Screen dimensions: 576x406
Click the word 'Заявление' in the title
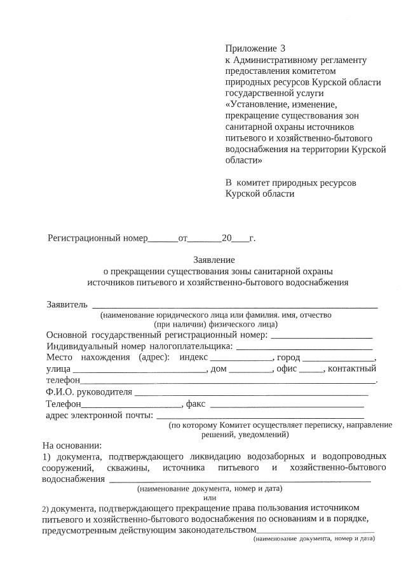click(x=214, y=260)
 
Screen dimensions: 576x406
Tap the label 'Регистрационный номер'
click(x=97, y=239)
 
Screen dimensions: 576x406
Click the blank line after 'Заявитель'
click(x=235, y=306)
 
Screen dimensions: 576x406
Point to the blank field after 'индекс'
click(x=245, y=359)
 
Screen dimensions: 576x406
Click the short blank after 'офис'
click(x=311, y=370)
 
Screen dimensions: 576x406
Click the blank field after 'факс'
click(x=287, y=405)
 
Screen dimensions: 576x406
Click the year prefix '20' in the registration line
click(x=226, y=239)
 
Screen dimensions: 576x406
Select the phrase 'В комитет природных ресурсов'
click(x=291, y=183)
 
